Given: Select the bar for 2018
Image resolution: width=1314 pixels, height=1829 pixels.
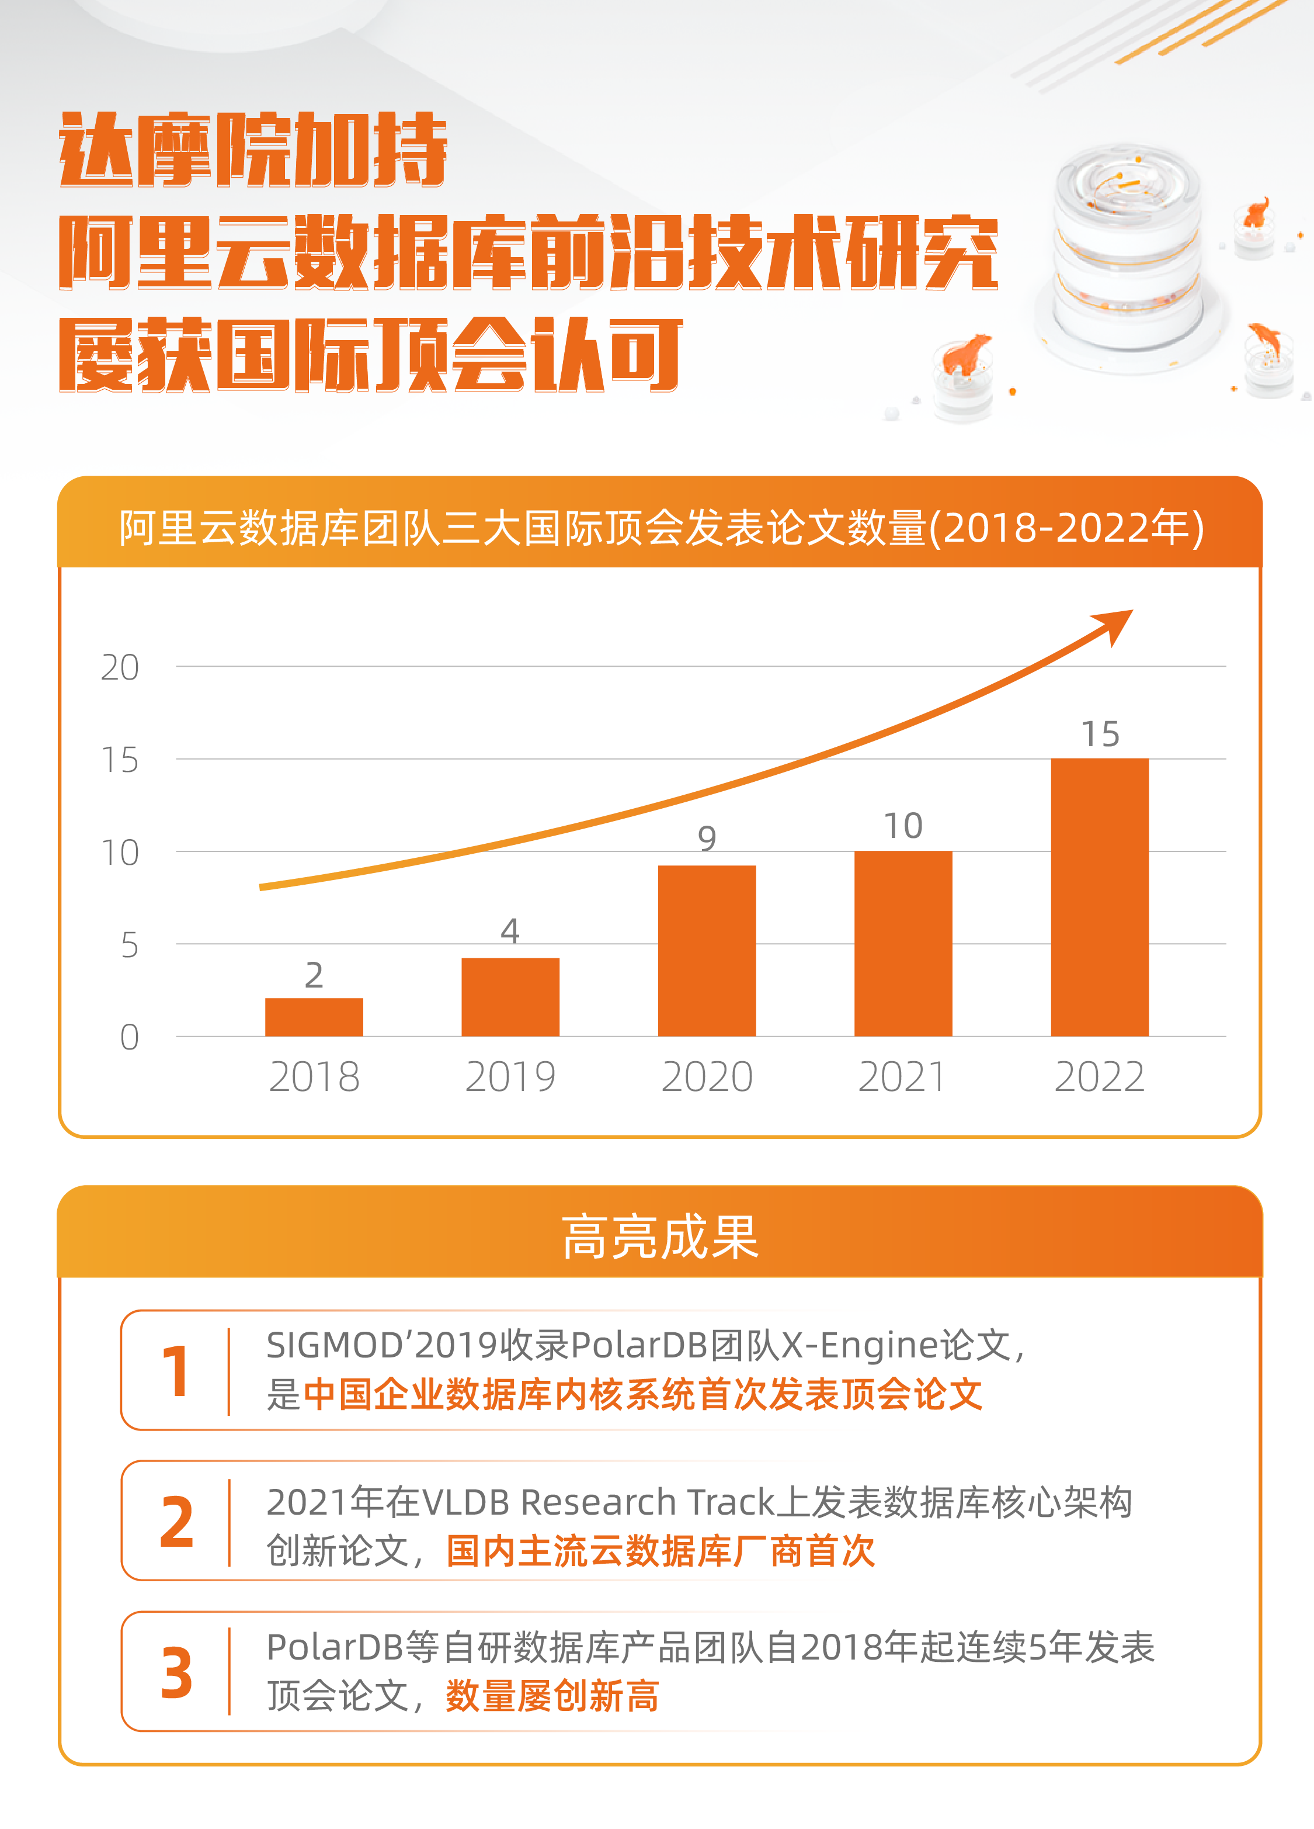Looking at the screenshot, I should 314,1017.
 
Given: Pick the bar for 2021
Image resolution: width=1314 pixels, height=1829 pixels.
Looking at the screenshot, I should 903,944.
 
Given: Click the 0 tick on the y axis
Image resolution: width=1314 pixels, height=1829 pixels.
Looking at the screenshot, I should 129,1038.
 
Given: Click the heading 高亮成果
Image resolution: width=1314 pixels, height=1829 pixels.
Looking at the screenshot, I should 659,1237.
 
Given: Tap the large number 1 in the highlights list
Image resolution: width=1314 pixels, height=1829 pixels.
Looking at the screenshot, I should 176,1371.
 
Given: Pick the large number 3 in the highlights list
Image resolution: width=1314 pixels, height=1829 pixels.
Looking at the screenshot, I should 176,1674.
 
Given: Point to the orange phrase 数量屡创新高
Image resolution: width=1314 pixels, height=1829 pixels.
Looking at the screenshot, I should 552,1696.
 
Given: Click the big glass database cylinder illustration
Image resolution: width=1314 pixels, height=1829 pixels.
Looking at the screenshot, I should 1129,250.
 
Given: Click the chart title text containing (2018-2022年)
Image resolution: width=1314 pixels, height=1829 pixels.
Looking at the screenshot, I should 661,528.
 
